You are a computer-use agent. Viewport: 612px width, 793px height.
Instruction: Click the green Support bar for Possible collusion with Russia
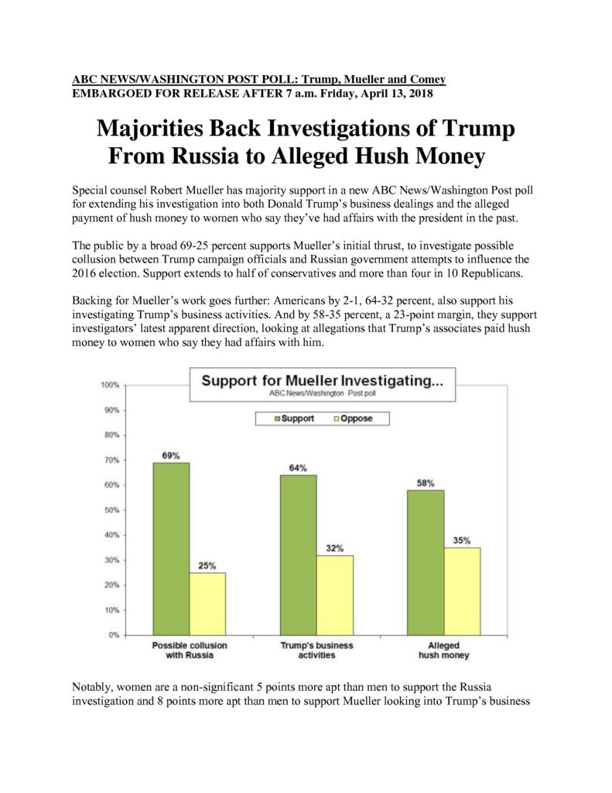(x=171, y=549)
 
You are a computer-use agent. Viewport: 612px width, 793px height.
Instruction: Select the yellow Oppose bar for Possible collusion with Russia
(x=207, y=604)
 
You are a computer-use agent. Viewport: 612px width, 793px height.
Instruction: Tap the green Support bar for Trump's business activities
(x=299, y=555)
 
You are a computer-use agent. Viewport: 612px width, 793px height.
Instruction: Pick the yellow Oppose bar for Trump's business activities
(x=335, y=596)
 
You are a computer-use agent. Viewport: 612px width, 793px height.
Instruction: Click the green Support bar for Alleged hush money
(x=426, y=562)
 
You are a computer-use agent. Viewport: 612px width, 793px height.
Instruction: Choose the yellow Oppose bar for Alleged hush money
(x=463, y=591)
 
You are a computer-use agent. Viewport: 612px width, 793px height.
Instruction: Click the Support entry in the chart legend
(x=294, y=418)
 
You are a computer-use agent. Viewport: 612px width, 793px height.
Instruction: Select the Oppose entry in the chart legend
(x=354, y=418)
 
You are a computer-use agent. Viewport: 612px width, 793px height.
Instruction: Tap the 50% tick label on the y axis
(x=111, y=510)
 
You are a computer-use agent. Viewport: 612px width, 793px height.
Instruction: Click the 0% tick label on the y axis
(x=114, y=635)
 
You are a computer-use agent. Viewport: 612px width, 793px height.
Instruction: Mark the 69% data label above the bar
(x=171, y=455)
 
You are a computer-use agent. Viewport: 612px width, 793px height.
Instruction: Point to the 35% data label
(x=462, y=541)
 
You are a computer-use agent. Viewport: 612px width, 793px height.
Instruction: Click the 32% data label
(x=334, y=548)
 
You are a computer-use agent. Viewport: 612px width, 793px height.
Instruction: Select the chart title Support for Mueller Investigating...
(x=323, y=380)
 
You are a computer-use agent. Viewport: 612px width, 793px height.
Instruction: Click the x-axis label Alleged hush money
(x=443, y=651)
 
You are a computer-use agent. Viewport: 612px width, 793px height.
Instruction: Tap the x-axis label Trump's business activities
(x=317, y=651)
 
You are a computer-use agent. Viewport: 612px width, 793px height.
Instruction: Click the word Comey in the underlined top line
(x=428, y=80)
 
